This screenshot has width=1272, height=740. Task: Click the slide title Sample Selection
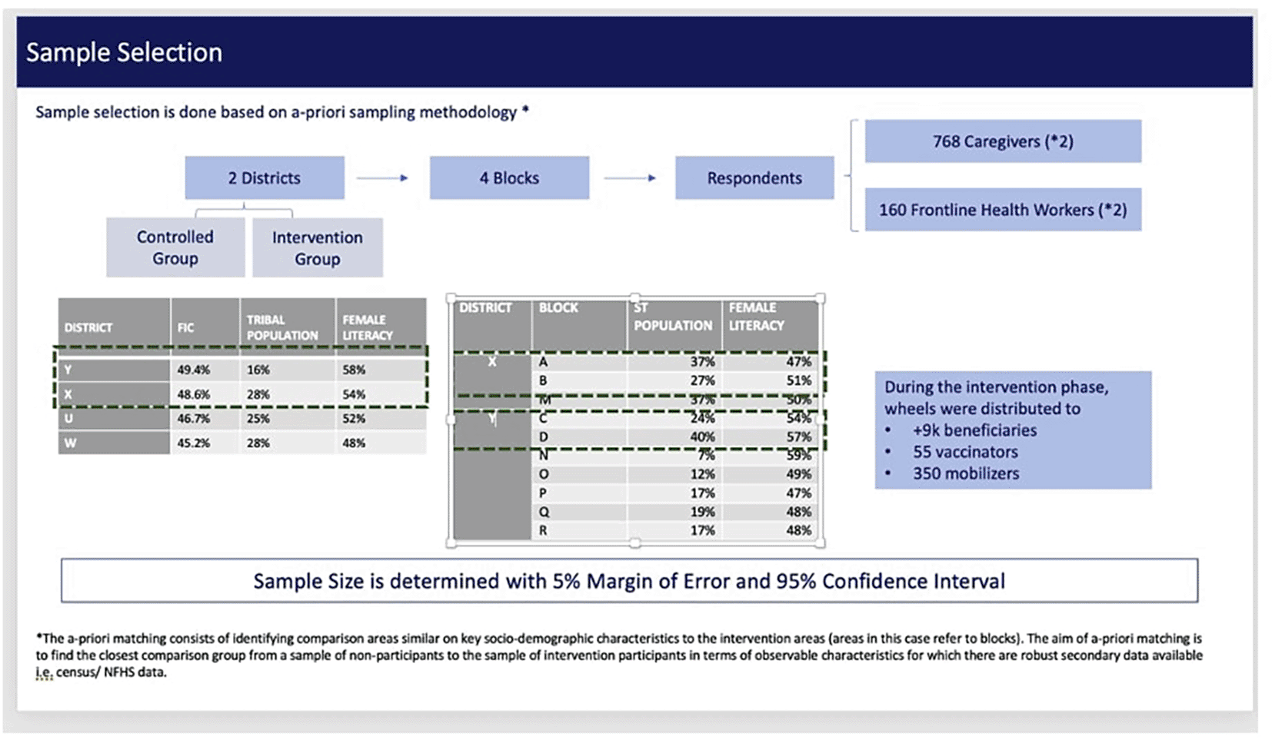coord(124,52)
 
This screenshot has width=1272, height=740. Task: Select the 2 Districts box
coord(264,178)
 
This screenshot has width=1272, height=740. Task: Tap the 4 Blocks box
coord(509,178)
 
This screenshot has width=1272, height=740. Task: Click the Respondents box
coord(754,178)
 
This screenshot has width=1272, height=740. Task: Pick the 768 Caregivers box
coord(1002,141)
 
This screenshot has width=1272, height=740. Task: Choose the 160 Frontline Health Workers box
coord(1002,210)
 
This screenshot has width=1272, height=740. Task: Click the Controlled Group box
coord(175,247)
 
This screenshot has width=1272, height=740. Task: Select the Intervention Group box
coord(317,247)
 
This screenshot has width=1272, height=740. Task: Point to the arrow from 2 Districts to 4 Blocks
coord(382,178)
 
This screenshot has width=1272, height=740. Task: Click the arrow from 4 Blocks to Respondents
coord(630,178)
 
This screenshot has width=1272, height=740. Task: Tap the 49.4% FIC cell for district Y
coord(193,370)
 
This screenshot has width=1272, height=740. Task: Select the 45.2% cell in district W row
coord(193,443)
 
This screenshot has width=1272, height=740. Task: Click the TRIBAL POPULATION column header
coord(281,327)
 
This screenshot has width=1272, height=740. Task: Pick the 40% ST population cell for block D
coord(701,436)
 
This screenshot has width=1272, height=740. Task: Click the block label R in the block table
coord(543,530)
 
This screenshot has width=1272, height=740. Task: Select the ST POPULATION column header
coord(672,317)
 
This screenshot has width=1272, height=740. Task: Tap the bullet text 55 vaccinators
coord(965,452)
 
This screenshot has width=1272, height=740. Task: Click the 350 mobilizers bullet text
coord(966,473)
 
